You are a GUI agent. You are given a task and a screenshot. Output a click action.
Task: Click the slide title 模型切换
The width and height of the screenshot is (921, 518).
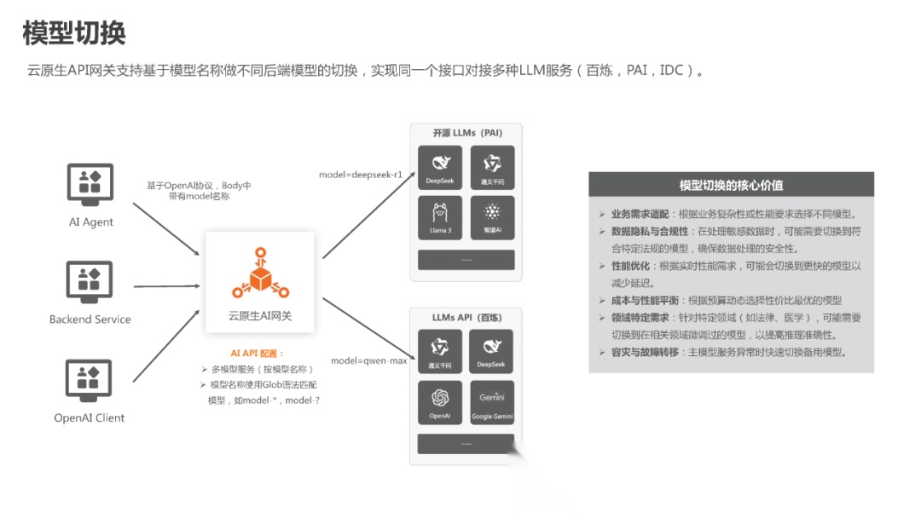pos(74,34)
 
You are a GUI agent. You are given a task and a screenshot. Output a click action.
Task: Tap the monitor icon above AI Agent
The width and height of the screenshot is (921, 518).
pos(90,184)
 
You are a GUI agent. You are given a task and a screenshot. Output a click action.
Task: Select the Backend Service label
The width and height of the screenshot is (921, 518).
pos(90,319)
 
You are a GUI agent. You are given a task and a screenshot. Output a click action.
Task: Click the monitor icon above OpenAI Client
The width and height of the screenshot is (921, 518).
pos(90,380)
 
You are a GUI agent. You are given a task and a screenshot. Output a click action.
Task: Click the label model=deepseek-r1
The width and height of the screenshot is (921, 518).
pos(361,175)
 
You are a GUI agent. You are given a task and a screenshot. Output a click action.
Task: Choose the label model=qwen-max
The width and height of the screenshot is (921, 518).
pos(369,360)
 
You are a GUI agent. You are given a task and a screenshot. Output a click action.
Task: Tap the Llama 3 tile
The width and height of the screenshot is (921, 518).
pos(440,218)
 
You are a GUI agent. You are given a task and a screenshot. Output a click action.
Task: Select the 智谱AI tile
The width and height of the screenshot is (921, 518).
pos(492,218)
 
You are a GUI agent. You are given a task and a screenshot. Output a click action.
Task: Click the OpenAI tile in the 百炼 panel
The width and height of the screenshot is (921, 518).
pos(440,402)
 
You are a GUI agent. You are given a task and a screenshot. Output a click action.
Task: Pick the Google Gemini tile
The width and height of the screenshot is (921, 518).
pos(492,402)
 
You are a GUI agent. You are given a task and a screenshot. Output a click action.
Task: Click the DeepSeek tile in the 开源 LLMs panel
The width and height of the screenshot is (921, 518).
pos(440,167)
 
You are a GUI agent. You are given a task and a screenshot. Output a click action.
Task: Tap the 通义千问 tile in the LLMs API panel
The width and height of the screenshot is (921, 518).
pos(440,351)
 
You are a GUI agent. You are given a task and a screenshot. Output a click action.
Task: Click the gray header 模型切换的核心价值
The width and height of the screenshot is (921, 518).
pos(731,185)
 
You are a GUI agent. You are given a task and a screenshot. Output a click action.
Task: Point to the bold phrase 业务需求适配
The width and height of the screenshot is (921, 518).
pos(640,215)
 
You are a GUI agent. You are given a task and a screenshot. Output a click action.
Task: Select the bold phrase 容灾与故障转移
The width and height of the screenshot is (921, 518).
pos(645,352)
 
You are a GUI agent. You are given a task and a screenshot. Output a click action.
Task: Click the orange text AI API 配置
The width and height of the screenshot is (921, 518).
pos(258,353)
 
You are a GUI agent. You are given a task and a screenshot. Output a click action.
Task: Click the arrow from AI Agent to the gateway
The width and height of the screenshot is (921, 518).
pos(165,228)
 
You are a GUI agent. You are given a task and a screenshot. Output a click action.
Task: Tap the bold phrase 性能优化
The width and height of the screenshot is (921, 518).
pos(628,266)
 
